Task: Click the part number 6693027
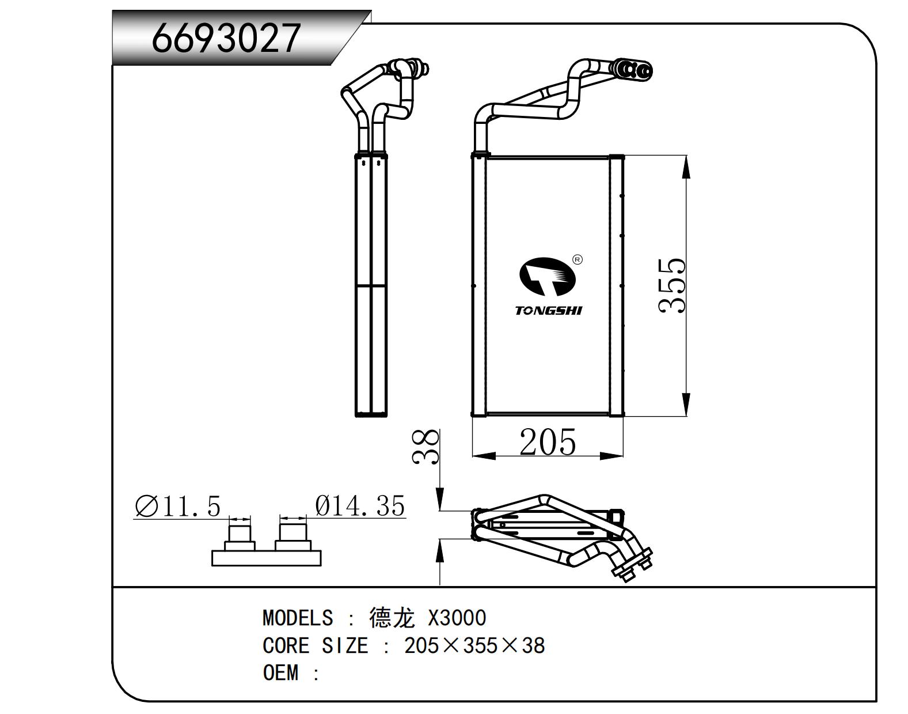coord(226,38)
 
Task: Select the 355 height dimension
coord(673,286)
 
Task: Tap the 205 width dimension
coord(547,443)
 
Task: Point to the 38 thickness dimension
coord(427,447)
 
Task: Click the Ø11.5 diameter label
coord(178,507)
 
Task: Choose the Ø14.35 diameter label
coord(360,506)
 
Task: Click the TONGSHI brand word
coord(548,311)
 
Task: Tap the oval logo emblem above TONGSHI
coord(548,277)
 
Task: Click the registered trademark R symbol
coord(578,260)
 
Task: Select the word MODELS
coord(298,618)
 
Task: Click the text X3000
coord(457,618)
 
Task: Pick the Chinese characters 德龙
coord(392,618)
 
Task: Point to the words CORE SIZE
coord(315,645)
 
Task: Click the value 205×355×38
coord(474,645)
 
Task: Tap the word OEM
coord(281,673)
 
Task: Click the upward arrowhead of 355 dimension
coord(685,168)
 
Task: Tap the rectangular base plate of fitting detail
coord(266,558)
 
